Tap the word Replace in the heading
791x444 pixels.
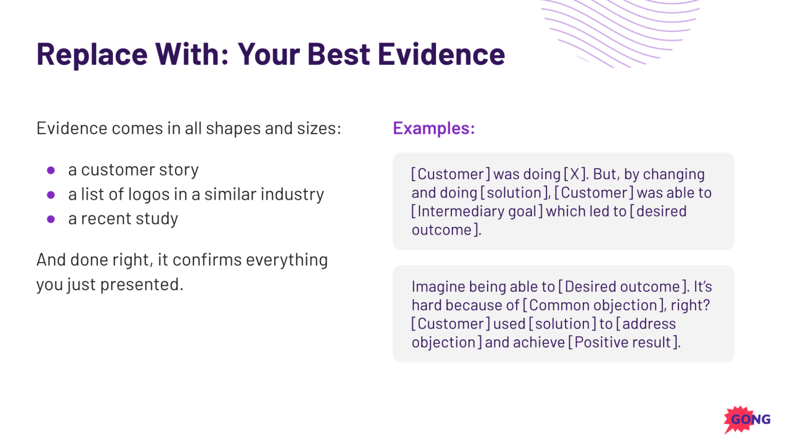[92, 55]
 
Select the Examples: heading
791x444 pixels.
[434, 128]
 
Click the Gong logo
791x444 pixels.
[747, 419]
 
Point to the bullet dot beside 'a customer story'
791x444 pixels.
[51, 170]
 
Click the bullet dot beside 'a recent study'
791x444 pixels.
[51, 219]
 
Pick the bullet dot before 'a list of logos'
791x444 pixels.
[51, 194]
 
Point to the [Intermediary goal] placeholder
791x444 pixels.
[477, 212]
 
